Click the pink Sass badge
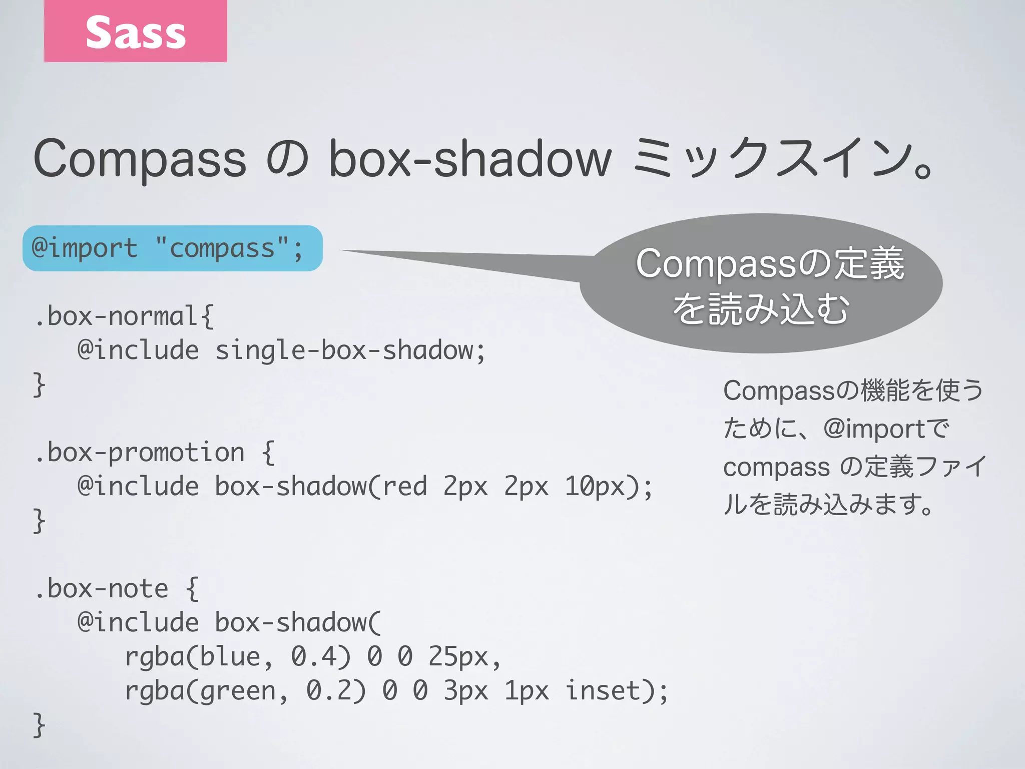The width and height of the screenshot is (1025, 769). [x=135, y=31]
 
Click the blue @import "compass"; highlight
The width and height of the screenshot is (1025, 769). [x=172, y=248]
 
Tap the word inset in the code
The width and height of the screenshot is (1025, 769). [x=603, y=691]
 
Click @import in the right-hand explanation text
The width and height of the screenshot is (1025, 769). [x=866, y=430]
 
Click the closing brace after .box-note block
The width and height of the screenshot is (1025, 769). [x=39, y=725]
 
